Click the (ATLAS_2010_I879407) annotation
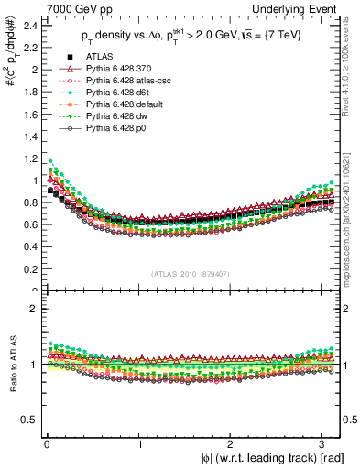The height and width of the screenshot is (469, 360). click(x=189, y=272)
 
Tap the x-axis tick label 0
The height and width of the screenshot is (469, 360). click(x=45, y=445)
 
